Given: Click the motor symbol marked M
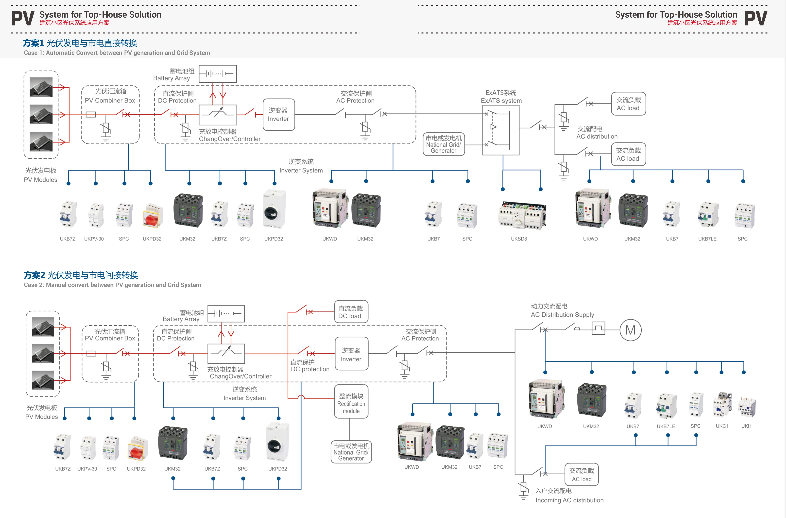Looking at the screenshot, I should click(x=630, y=330).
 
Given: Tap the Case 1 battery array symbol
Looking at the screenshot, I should click(x=218, y=74).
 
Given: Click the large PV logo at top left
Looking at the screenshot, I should click(x=22, y=19).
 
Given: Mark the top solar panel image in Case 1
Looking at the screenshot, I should click(x=41, y=87).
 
